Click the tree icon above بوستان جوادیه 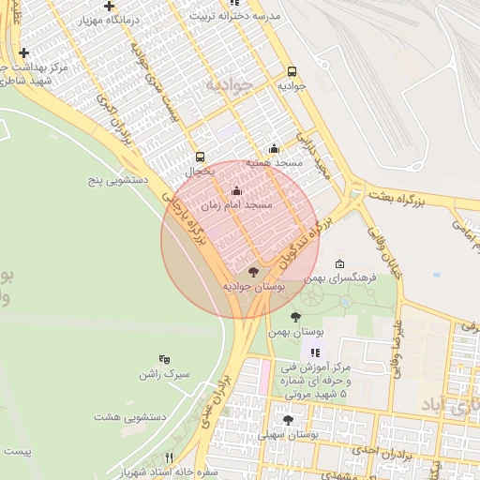click(252, 271)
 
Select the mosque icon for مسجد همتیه click(273, 148)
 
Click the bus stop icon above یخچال click(199, 157)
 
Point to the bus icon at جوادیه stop click(292, 71)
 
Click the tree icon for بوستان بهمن click(296, 317)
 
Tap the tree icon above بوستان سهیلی click(288, 420)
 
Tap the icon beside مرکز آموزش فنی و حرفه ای click(315, 353)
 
